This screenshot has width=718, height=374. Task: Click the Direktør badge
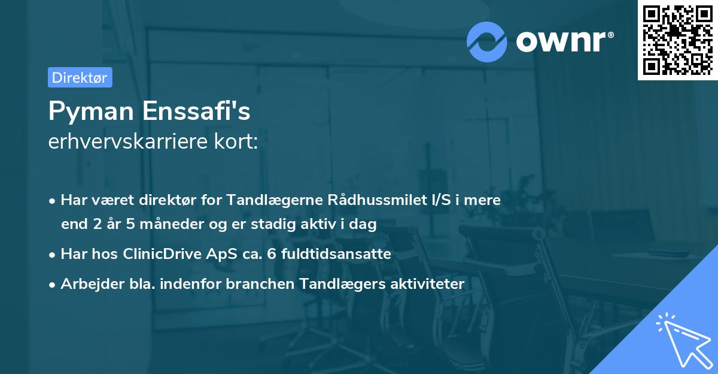tap(80, 77)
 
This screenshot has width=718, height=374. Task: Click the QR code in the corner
tap(677, 40)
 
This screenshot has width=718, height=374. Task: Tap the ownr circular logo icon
tap(486, 41)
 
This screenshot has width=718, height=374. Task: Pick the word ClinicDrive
tap(162, 254)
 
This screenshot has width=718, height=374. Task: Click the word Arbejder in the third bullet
tap(87, 284)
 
